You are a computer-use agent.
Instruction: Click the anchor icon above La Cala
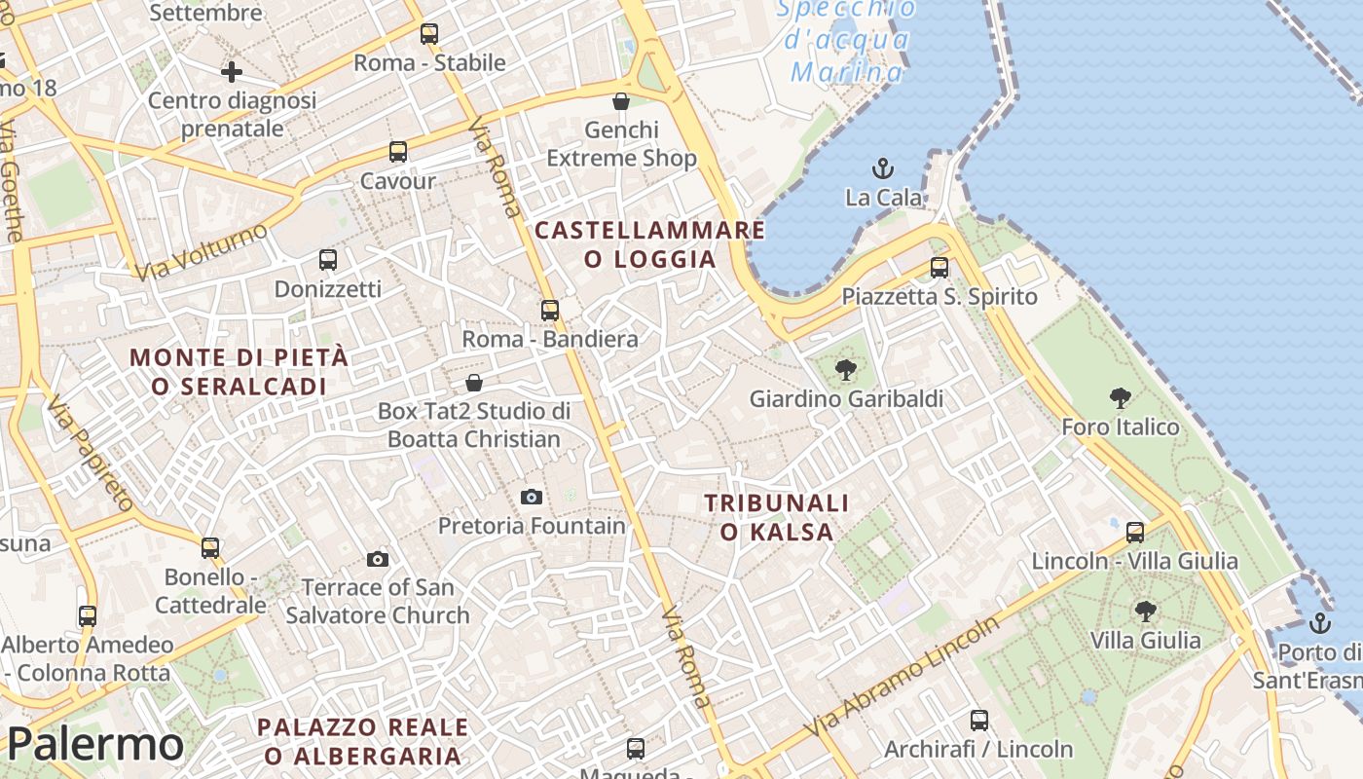pyautogui.click(x=882, y=168)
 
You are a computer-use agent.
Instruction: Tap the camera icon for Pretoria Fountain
pyautogui.click(x=532, y=497)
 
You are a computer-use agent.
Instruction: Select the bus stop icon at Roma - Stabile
pyautogui.click(x=429, y=34)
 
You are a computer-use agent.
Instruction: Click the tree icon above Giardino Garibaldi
pyautogui.click(x=846, y=369)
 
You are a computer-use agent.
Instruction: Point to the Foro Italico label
pyautogui.click(x=1120, y=427)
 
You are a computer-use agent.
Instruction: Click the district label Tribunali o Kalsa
pyautogui.click(x=777, y=517)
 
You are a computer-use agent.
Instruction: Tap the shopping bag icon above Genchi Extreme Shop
pyautogui.click(x=621, y=101)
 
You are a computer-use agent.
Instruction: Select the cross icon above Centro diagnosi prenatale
pyautogui.click(x=232, y=72)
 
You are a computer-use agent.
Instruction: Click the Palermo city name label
pyautogui.click(x=95, y=745)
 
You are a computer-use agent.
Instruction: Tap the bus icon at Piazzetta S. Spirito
pyautogui.click(x=939, y=267)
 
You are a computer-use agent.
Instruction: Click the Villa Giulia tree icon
pyautogui.click(x=1146, y=612)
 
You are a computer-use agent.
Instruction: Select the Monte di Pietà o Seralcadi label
pyautogui.click(x=239, y=371)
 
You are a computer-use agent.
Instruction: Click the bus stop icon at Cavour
pyautogui.click(x=398, y=152)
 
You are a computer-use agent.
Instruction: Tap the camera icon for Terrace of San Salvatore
pyautogui.click(x=378, y=559)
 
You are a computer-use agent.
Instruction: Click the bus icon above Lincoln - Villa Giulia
pyautogui.click(x=1135, y=532)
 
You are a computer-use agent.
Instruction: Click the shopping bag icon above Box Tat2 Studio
pyautogui.click(x=474, y=382)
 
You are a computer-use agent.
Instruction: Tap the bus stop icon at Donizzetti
pyautogui.click(x=328, y=260)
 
